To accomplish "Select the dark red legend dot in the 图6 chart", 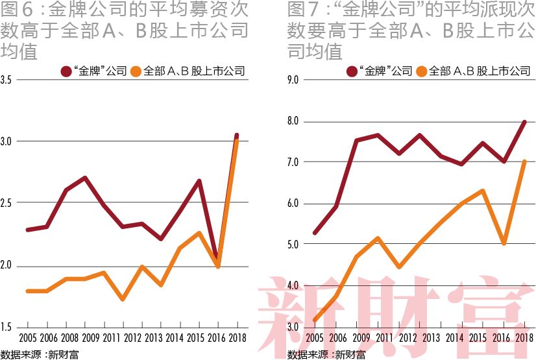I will pos(66,71).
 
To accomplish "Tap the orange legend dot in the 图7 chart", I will pos(420,71).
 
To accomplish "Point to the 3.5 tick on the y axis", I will pos(8,80).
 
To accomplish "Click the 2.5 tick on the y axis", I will pos(8,204).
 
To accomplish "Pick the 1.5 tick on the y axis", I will pos(8,326).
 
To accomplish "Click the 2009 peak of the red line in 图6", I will pos(85,178).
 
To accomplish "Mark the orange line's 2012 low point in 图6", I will pos(123,298).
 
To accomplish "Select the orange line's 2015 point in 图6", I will pos(199,233).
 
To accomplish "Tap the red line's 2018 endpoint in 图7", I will pos(524,122).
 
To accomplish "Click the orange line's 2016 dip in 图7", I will pos(503,243).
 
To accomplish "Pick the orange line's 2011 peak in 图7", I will pos(378,238).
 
